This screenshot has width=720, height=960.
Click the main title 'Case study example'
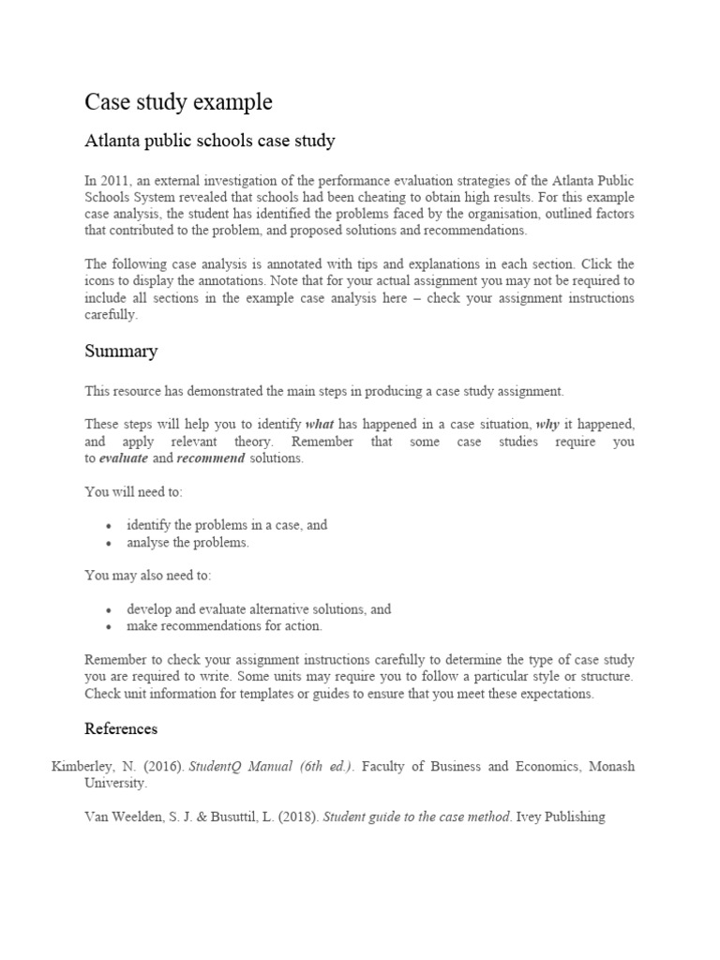[x=179, y=101]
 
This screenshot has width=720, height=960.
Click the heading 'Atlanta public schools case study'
[x=210, y=142]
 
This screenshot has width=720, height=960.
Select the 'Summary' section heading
[x=121, y=352]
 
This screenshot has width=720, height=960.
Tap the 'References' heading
[x=121, y=728]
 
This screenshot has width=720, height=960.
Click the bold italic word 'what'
[x=319, y=424]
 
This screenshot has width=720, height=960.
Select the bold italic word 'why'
[x=547, y=424]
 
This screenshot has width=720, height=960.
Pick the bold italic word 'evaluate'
[x=123, y=457]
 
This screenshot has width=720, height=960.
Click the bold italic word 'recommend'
[x=211, y=457]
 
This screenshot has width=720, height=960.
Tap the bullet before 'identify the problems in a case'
[x=110, y=526]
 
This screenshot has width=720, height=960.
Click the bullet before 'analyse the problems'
[x=110, y=543]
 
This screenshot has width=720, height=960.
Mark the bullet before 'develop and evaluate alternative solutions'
[x=110, y=609]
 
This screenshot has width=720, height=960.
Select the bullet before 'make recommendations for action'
[x=110, y=626]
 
